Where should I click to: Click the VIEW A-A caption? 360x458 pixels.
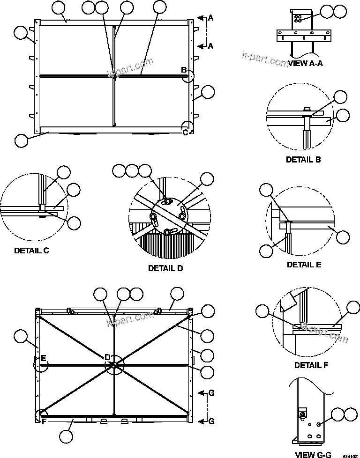pos(305,64)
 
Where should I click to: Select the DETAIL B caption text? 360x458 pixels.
pos(303,160)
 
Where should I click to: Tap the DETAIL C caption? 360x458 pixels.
pos(31,251)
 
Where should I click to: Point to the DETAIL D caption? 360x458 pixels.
pos(165,268)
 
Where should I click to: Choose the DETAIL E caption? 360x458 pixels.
pos(304,265)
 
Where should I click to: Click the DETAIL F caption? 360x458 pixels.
pos(311,365)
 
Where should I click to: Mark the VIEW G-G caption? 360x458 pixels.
pos(313,454)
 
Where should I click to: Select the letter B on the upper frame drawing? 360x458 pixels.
pos(184,70)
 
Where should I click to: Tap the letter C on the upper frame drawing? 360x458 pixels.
pos(185,132)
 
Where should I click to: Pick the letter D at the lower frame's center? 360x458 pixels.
pos(107,357)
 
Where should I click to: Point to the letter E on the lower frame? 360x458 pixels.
pos(43,358)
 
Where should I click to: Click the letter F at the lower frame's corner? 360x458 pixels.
pos(43,421)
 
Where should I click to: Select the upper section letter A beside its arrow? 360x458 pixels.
pos(210,18)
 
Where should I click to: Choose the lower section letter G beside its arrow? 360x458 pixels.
pos(211,393)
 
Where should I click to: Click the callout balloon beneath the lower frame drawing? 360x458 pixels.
pos(67,436)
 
